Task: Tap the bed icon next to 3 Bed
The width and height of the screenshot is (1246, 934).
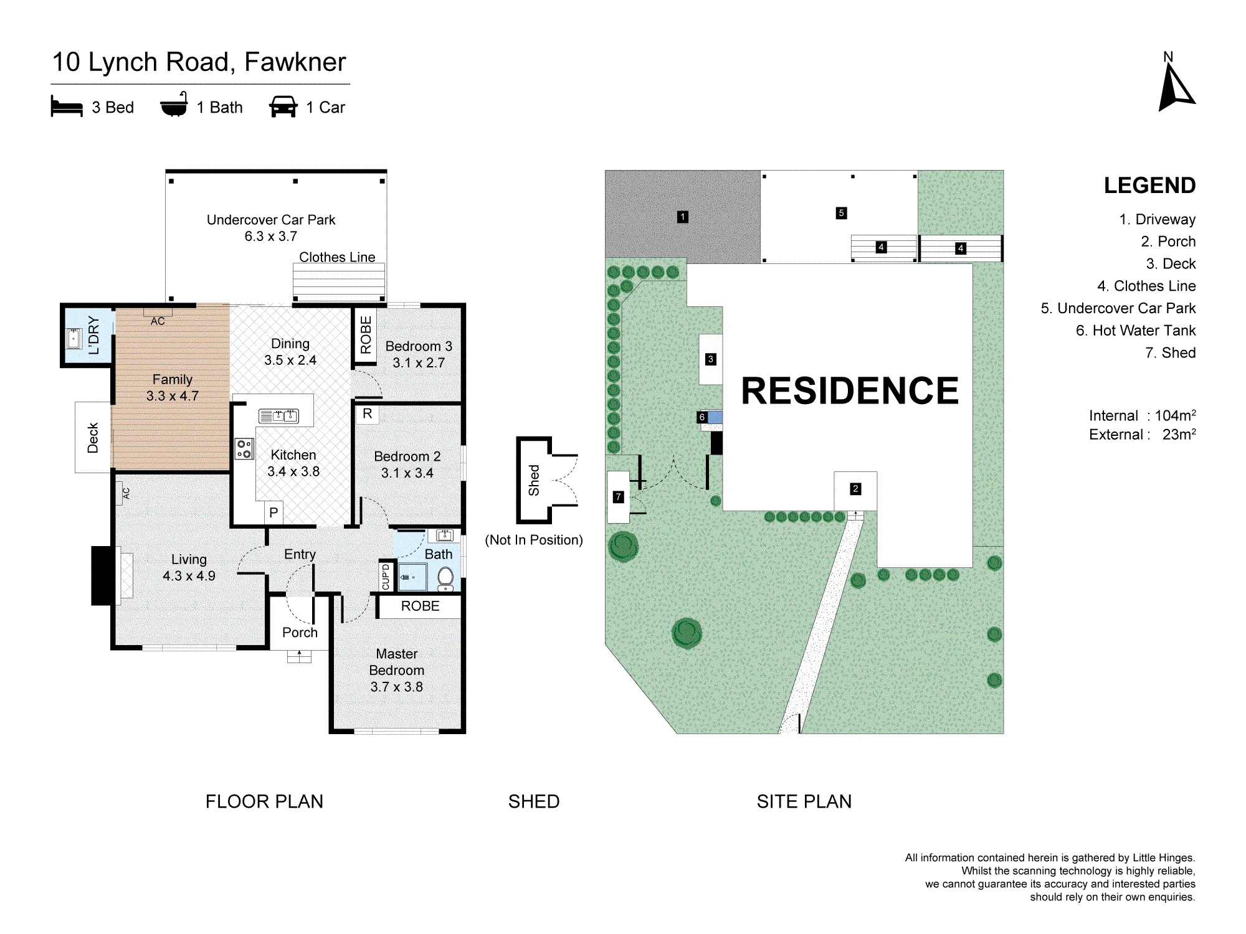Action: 67,106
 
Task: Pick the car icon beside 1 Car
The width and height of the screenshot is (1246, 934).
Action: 283,106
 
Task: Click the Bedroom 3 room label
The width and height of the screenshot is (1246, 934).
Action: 419,354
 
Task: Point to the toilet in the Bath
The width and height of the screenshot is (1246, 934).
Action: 445,578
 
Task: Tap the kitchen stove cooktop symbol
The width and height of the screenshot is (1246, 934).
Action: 244,448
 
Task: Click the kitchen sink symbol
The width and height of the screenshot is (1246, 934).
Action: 278,416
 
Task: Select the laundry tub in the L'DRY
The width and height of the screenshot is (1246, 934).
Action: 74,338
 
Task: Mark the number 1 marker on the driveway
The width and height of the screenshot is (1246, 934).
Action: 683,217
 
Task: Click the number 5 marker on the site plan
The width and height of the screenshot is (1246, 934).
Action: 841,213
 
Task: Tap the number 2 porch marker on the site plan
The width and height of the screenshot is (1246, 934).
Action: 855,489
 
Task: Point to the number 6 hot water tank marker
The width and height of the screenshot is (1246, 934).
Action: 702,417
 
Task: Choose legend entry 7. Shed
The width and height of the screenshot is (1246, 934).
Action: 1170,352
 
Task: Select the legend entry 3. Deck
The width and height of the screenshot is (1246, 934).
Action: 1171,263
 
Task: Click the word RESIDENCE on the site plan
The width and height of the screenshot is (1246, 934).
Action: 850,390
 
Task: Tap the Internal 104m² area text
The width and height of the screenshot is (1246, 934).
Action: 1142,415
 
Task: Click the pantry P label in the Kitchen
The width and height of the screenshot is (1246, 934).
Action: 273,513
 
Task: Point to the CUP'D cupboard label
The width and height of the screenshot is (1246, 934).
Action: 386,577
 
